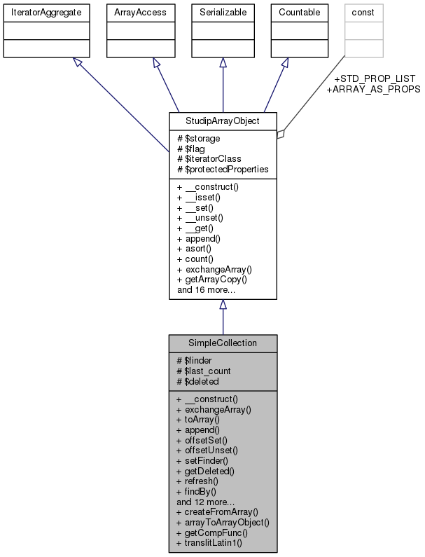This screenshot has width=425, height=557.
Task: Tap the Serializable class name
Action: [x=223, y=12]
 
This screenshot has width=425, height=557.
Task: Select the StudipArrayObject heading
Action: [x=223, y=121]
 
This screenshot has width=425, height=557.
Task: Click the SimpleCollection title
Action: [x=223, y=344]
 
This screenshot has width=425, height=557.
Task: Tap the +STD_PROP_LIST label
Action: [x=375, y=78]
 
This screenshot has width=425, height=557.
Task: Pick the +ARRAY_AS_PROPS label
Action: [x=373, y=89]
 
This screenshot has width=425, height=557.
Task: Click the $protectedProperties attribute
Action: [x=222, y=169]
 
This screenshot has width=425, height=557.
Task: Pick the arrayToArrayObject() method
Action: [x=223, y=522]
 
